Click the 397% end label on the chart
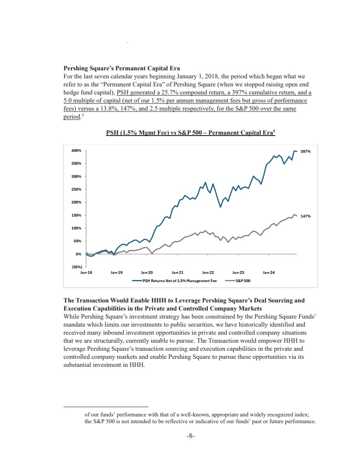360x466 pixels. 306,151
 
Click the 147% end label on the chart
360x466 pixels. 306,216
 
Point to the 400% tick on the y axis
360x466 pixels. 76,150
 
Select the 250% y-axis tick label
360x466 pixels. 76,189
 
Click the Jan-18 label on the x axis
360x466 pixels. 86,272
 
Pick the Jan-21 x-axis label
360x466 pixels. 178,272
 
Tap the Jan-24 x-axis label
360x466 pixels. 269,272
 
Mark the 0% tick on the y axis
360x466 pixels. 78,254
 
